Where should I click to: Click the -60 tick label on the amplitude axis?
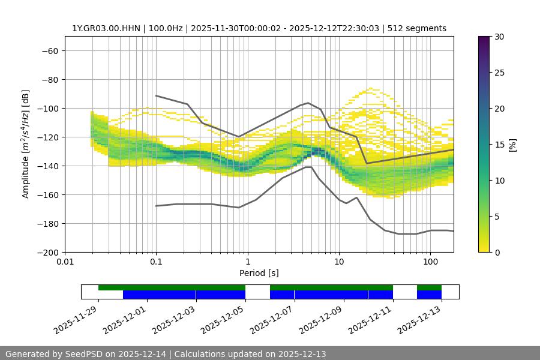49,50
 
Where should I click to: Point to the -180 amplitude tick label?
47,223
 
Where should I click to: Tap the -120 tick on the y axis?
47,137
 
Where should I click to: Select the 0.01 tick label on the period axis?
65,262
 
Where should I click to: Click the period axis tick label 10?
339,262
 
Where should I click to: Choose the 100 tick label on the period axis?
430,262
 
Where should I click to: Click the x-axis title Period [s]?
259,273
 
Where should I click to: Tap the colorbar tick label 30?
499,37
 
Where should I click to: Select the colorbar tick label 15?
499,145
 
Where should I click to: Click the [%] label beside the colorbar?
512,145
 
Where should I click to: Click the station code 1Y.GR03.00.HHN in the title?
105,28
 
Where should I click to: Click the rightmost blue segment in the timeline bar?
429,295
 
